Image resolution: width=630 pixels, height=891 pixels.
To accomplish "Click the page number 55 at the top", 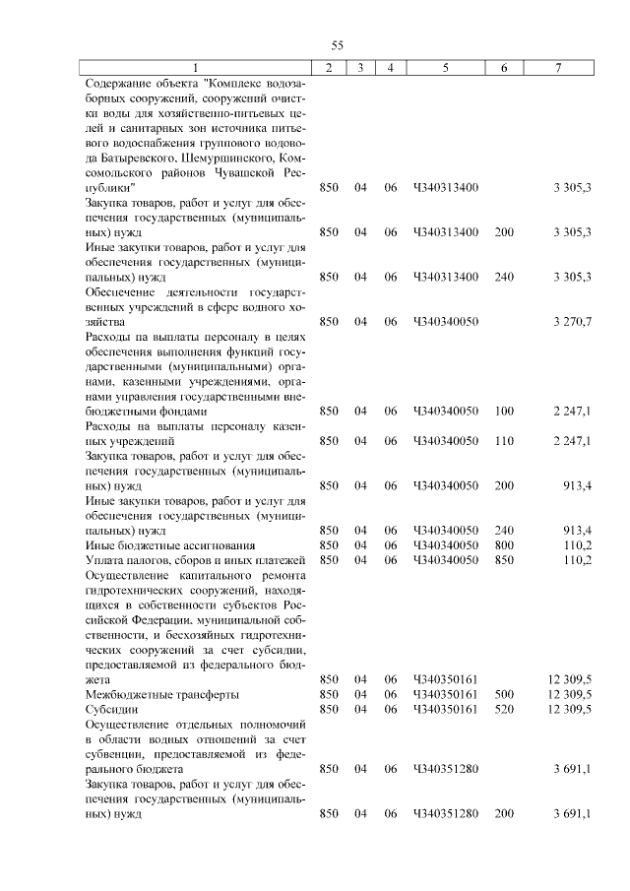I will pos(336,45).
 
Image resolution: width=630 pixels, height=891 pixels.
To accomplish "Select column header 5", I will pos(446,67).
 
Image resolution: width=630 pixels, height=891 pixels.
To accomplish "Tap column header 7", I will pos(558,67).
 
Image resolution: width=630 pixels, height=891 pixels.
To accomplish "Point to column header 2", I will pos(329,67).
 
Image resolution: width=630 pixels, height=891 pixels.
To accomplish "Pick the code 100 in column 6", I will pos(504,411).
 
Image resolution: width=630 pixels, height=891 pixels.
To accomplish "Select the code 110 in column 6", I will pos(504,441).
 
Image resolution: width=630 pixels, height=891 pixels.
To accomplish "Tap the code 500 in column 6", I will pos(504,694).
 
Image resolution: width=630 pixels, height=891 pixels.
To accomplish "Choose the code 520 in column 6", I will pos(504,709).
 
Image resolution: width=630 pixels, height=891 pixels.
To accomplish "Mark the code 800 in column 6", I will pos(504,544).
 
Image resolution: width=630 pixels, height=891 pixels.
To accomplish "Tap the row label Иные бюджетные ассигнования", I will pos(170,544).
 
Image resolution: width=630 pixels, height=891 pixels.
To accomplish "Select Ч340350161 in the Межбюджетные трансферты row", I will pos(446,694).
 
